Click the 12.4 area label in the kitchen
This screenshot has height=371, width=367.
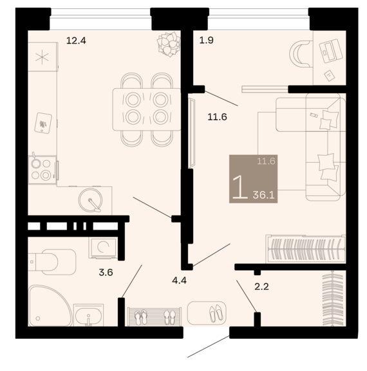76,41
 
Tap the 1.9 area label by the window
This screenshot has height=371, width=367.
207,41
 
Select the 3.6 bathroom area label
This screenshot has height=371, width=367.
106,273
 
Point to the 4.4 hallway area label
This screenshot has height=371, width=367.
179,280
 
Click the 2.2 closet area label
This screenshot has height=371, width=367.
261,287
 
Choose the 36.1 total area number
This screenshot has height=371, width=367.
263,195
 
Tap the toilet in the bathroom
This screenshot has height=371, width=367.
52,262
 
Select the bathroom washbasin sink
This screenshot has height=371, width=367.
88,315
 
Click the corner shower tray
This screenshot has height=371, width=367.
49,305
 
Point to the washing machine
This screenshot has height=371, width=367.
103,248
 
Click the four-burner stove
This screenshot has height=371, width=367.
42,169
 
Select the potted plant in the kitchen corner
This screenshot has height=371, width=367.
169,44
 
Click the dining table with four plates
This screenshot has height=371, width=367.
147,109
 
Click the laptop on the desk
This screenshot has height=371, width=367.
331,50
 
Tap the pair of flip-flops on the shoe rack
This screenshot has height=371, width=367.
141,317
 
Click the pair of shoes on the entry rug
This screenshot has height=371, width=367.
216,312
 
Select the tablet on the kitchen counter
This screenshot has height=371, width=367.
43,123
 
